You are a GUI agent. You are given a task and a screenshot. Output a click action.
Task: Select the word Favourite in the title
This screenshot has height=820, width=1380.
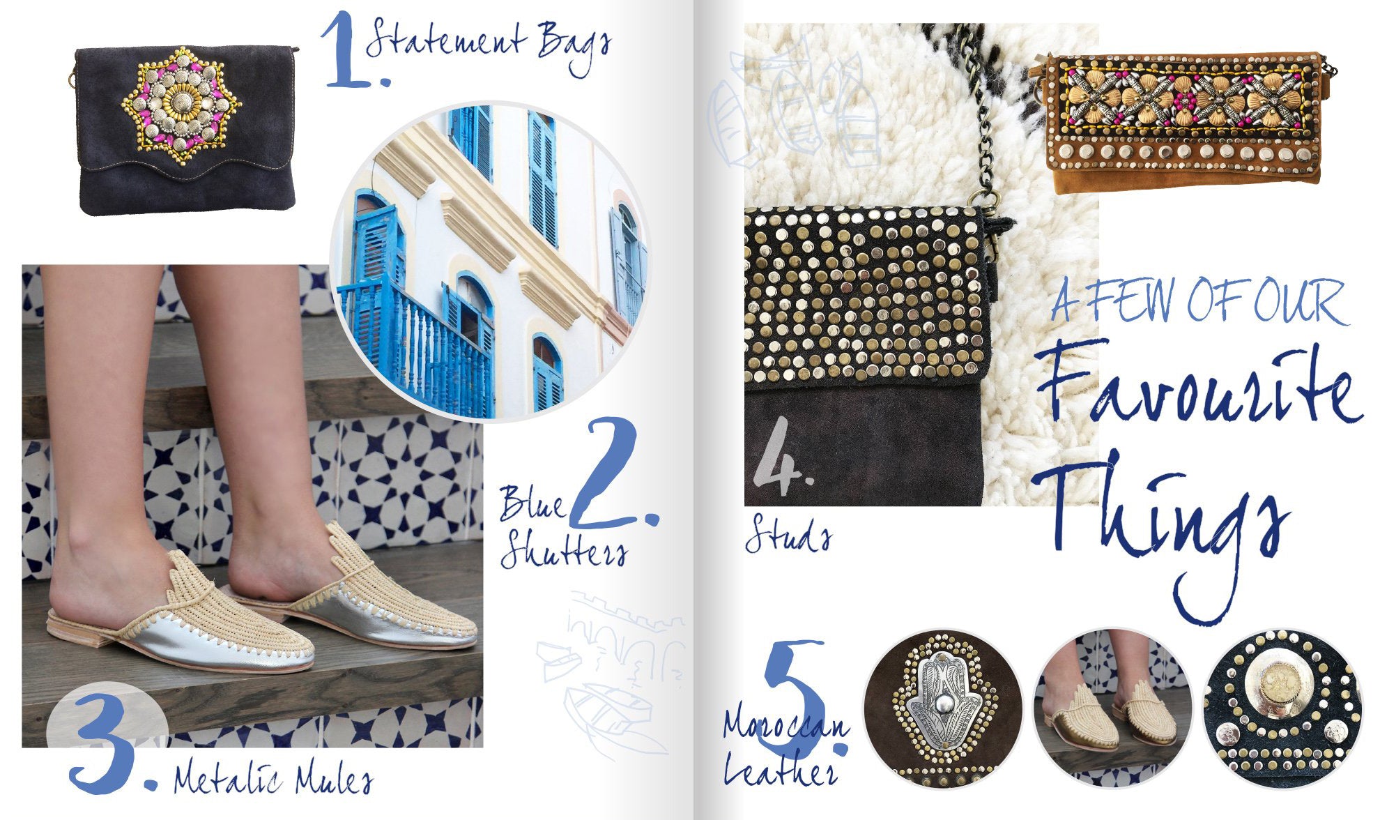click(1199, 390)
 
